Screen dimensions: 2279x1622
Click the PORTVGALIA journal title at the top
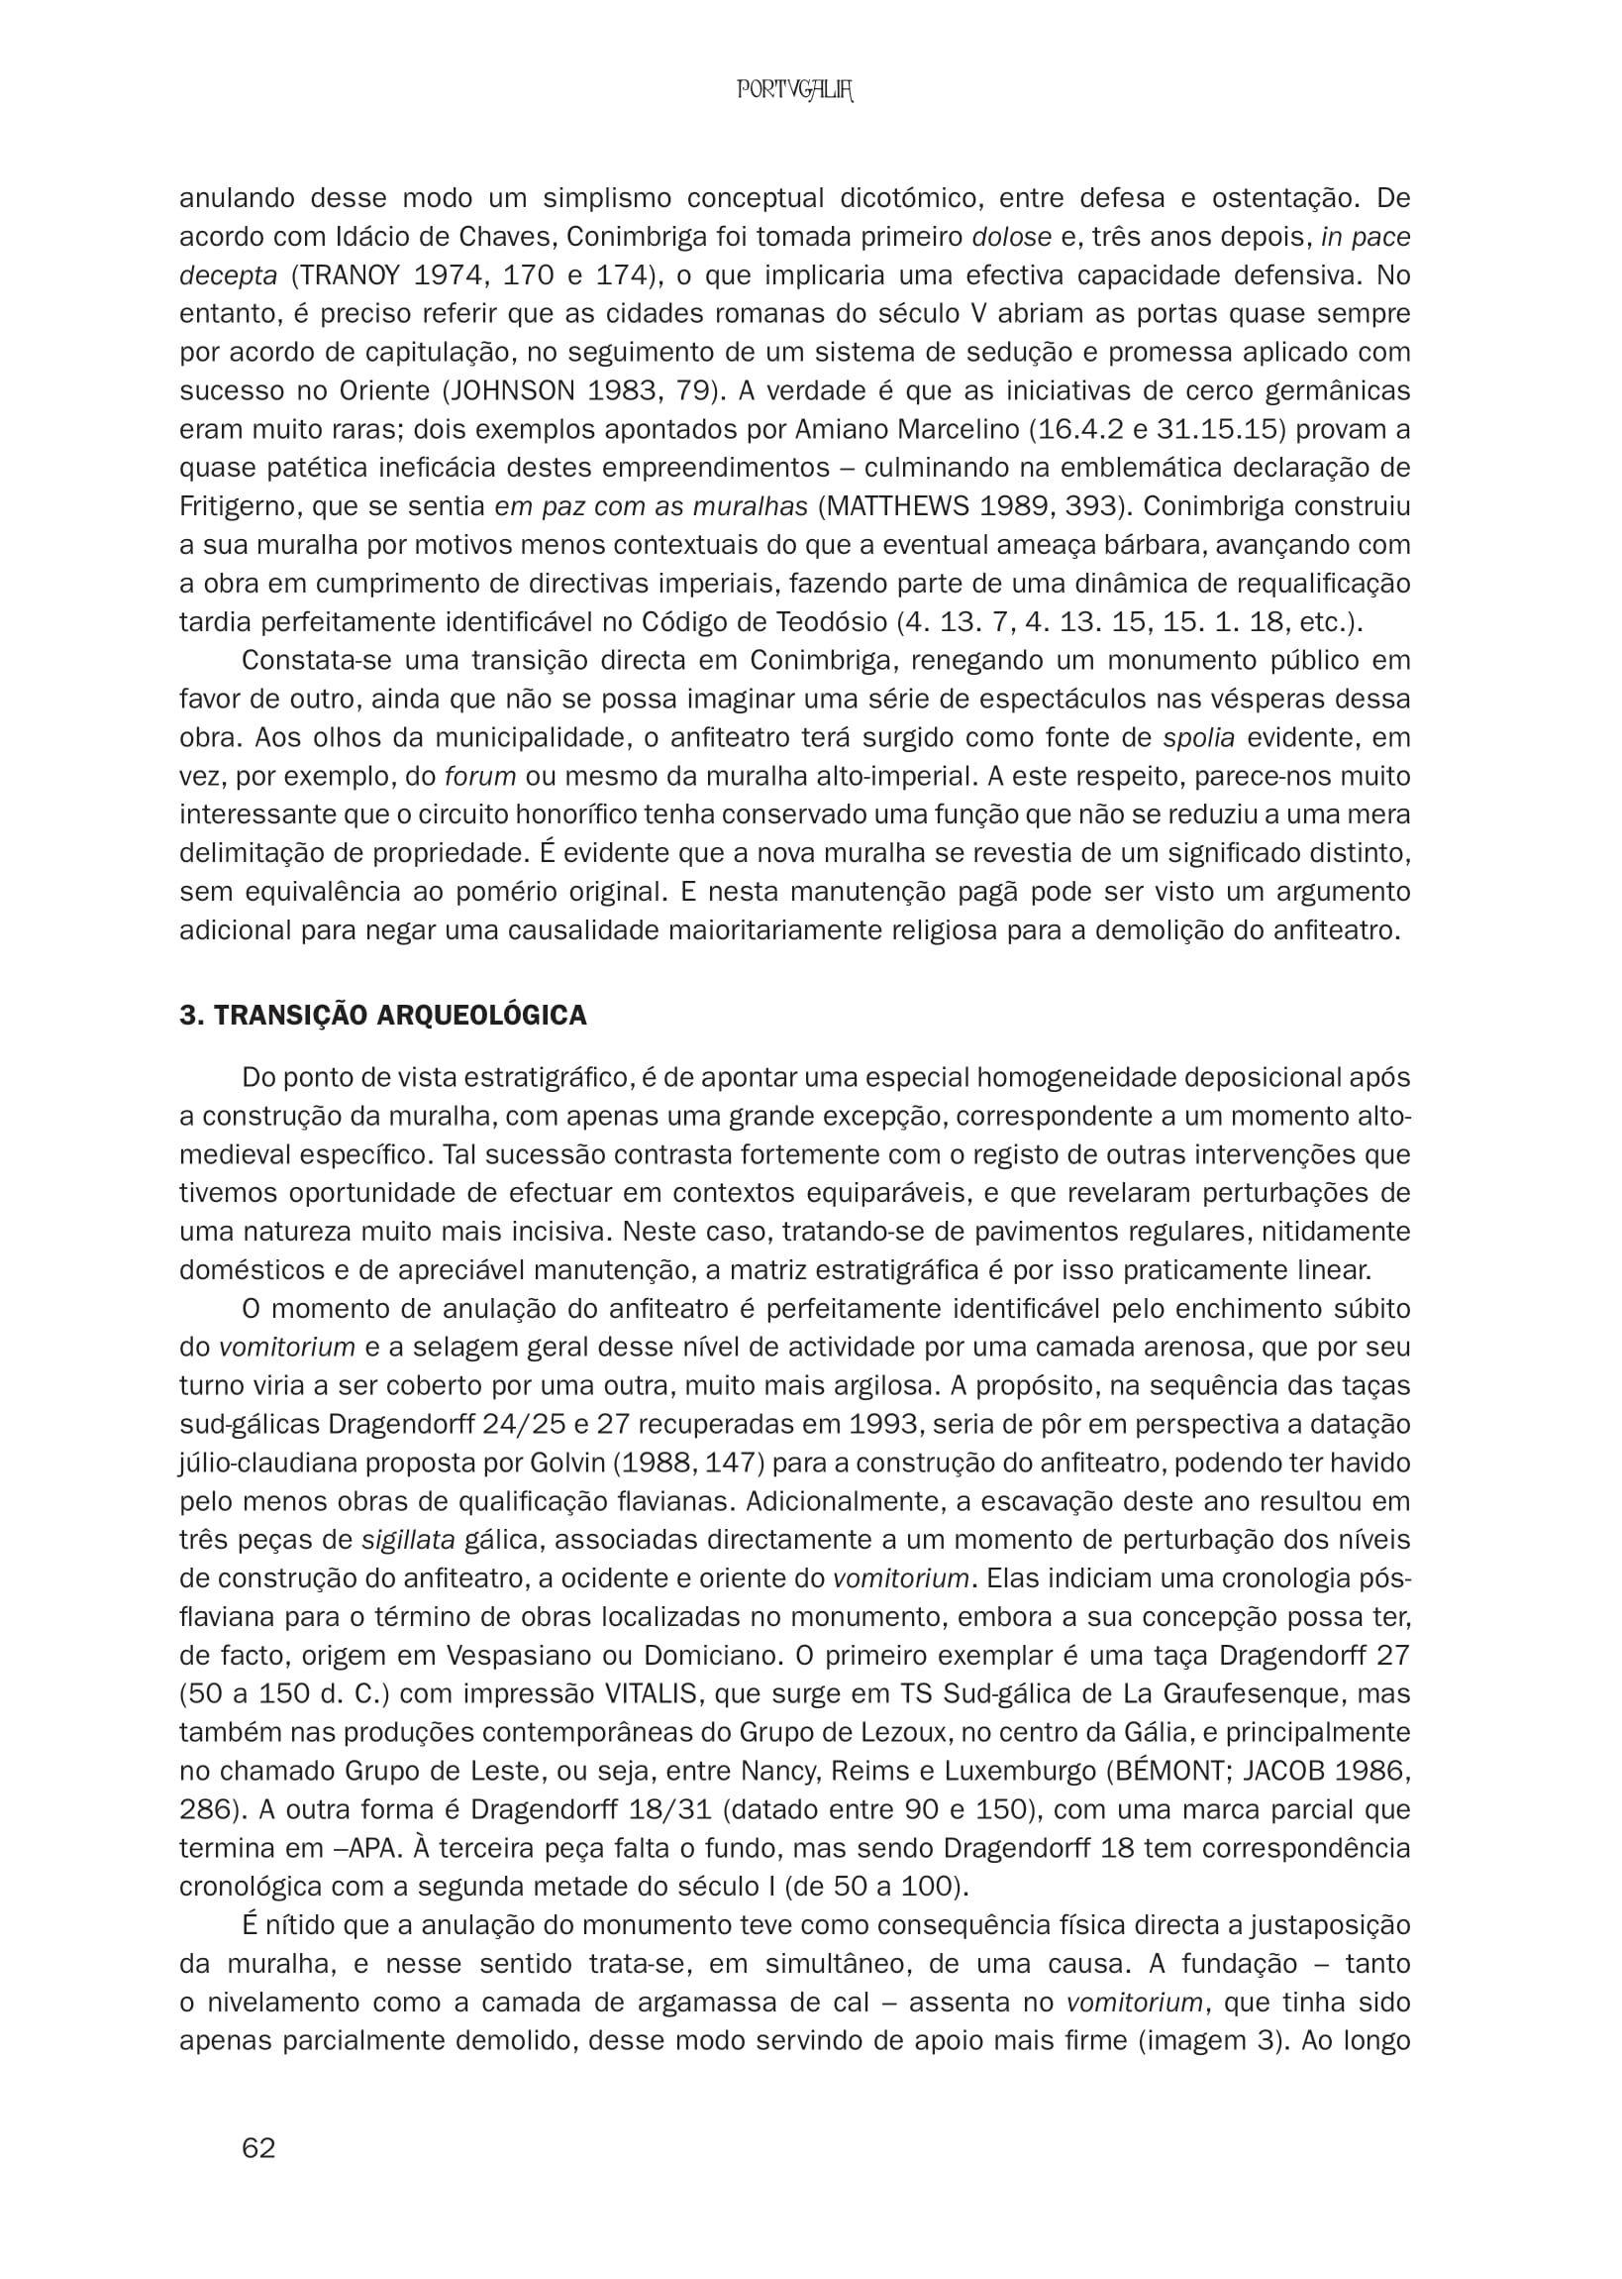click(795, 91)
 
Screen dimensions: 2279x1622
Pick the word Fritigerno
click(238, 506)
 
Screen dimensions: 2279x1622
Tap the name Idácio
click(377, 237)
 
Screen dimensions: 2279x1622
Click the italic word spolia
click(1199, 738)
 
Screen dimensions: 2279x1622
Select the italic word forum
click(479, 776)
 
